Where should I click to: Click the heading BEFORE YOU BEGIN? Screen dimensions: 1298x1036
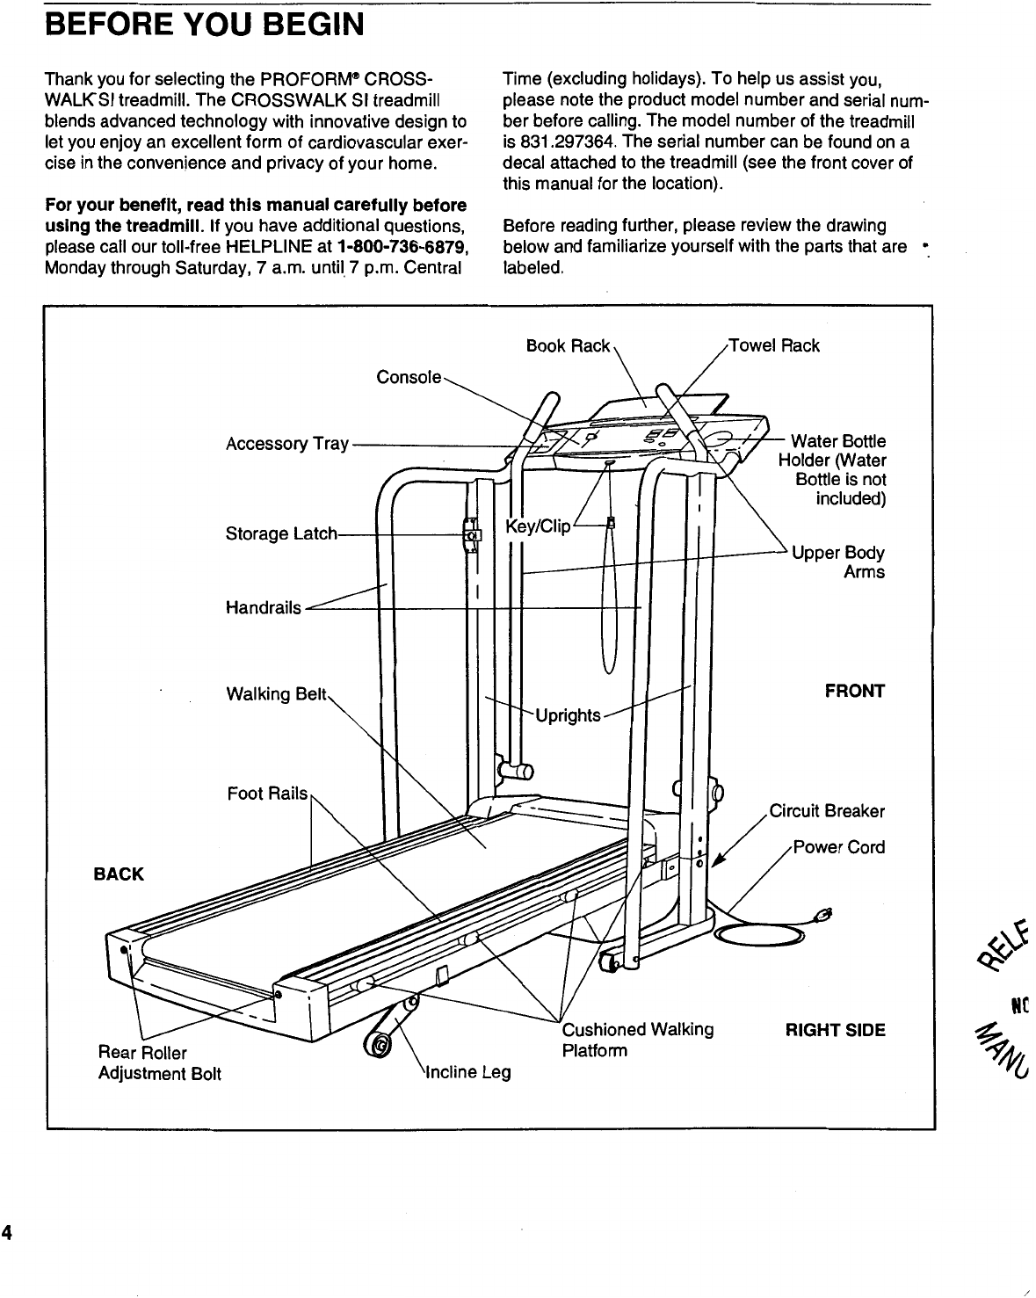coord(204,25)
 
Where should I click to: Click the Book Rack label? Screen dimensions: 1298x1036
coord(568,346)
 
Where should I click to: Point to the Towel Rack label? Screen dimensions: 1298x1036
coord(776,346)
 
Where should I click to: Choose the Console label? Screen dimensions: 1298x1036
coord(409,377)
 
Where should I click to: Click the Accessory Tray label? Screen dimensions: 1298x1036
coord(287,444)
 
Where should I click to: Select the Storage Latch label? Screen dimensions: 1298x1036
coord(281,533)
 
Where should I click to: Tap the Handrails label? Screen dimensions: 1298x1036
coord(264,607)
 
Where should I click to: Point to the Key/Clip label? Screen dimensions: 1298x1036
coord(539,526)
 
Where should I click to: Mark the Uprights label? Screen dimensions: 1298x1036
coord(569,715)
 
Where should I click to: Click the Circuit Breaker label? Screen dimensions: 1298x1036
coord(827,811)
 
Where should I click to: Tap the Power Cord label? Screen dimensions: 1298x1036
coord(839,848)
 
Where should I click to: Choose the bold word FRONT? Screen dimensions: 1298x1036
coord(854,691)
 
